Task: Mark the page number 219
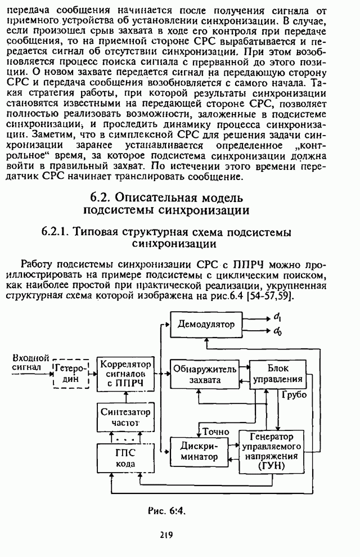[x=165, y=535]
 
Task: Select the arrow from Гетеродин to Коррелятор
[x=93, y=372]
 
